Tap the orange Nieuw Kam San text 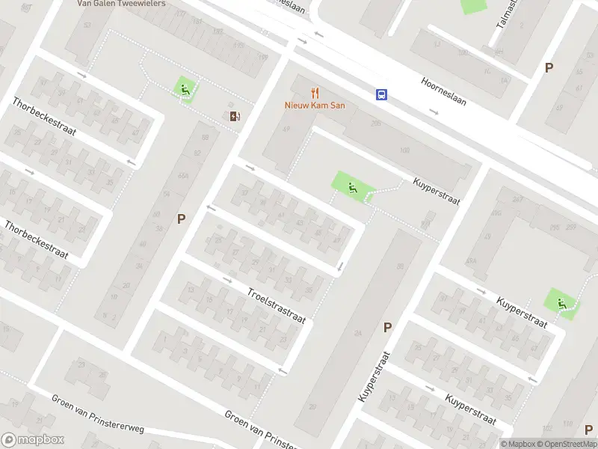(315, 106)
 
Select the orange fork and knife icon (315, 94)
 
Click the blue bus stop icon (381, 94)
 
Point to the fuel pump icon (235, 115)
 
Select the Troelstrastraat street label (277, 304)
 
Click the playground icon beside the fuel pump (185, 91)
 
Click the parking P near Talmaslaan (549, 67)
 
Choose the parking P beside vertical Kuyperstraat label (387, 327)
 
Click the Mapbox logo (33, 440)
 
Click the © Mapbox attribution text (517, 444)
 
